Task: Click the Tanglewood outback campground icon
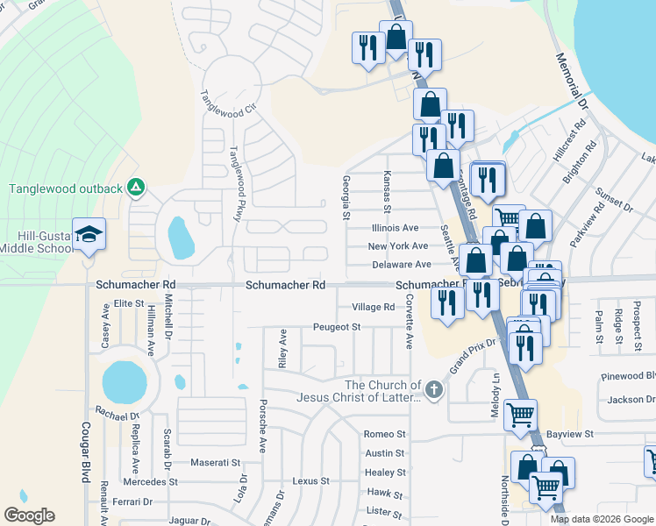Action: pos(135,187)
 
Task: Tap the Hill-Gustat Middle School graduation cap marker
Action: pos(89,233)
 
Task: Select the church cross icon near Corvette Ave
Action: pos(432,389)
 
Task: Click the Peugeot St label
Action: pos(338,327)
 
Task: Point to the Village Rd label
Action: pos(374,307)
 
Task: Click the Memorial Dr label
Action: pos(575,87)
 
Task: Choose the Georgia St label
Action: pos(346,197)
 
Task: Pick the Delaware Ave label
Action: pos(399,264)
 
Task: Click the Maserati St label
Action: pos(216,462)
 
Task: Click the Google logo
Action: pos(29,515)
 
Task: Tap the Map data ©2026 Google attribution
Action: pos(602,519)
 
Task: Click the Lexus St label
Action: pos(311,481)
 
